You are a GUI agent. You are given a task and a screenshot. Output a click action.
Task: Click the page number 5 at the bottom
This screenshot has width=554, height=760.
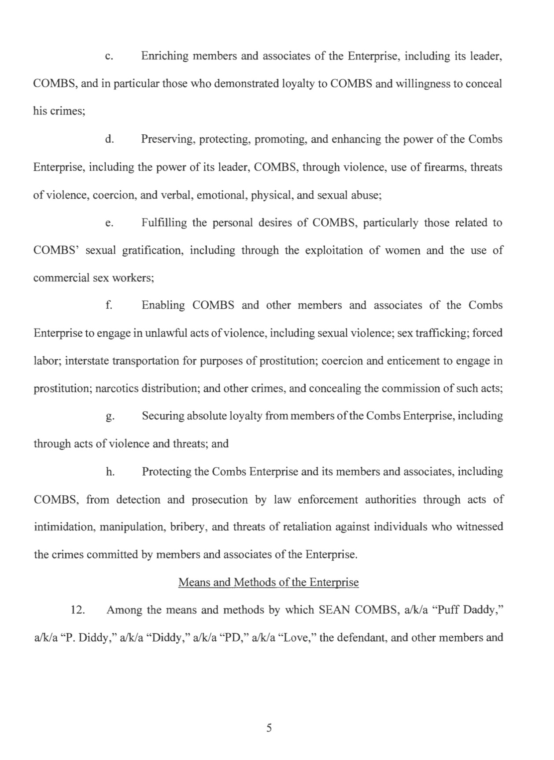(269, 728)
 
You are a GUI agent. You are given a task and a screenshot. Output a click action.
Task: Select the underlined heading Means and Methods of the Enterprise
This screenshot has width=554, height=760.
(268, 582)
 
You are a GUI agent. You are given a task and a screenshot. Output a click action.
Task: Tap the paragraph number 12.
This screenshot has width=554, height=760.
(78, 610)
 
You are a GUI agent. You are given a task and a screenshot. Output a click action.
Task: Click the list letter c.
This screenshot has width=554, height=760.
(110, 57)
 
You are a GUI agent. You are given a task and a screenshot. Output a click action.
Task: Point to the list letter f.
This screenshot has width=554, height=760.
(109, 305)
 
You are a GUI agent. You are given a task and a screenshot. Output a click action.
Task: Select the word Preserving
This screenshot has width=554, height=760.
(168, 140)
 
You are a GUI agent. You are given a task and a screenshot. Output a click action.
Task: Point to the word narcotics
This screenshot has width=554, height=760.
(117, 388)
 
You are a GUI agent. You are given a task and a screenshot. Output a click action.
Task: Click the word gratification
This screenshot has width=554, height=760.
(149, 251)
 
